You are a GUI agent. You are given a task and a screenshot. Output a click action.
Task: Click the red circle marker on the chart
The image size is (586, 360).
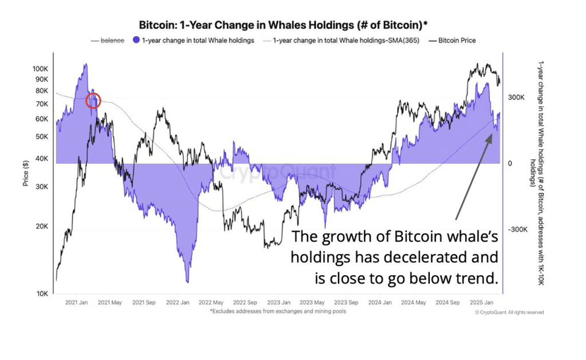coord(93,100)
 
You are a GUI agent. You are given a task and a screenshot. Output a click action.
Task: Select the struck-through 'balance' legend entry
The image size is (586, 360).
coord(112,40)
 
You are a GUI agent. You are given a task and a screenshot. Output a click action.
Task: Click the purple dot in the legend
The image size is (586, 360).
coord(135,40)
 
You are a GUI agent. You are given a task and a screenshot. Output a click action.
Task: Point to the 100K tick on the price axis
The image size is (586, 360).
coord(40,69)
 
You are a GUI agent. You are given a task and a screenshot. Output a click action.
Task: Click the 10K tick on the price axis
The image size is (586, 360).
coord(42,293)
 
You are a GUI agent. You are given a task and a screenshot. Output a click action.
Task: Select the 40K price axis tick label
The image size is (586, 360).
coord(42,158)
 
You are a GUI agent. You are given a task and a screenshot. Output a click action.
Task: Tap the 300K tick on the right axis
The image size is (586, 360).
coord(517,98)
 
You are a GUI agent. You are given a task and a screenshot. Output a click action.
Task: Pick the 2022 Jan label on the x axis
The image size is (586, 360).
coord(177,303)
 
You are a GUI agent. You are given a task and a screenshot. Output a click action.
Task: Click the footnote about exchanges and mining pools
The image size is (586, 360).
coord(278,311)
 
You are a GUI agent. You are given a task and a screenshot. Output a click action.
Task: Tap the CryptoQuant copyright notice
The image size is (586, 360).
coord(509,312)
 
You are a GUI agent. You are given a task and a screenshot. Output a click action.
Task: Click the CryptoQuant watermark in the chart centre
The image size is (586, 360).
coord(258,172)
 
